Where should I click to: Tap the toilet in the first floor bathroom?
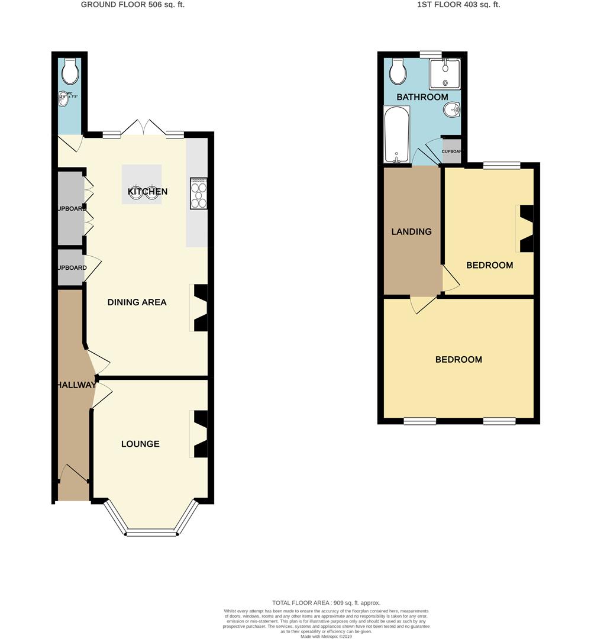coord(398,72)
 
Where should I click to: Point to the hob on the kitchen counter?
coord(198,193)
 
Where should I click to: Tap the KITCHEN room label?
coord(148,191)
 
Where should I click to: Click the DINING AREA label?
coord(137,302)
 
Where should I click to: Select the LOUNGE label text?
coord(140,444)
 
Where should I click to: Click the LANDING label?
coord(411,231)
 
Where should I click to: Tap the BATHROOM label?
coord(422,97)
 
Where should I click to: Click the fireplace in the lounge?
coord(200,434)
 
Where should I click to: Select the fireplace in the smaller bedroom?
coord(525,228)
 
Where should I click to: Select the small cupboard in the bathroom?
coord(451,150)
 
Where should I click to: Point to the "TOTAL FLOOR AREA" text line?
coord(326,603)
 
